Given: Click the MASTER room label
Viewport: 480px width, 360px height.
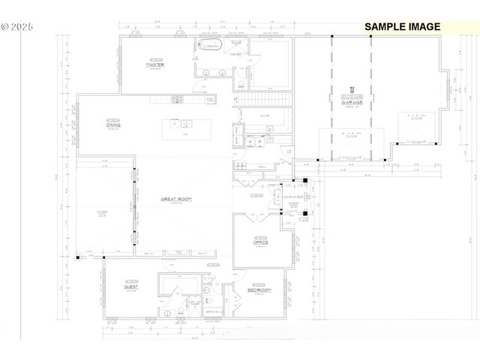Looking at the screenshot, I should [155, 65].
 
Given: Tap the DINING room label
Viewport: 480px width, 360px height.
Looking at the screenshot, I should [113, 126].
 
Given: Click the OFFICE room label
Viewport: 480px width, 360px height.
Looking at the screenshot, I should [261, 242].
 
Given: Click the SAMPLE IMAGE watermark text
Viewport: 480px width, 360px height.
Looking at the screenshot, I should [403, 26].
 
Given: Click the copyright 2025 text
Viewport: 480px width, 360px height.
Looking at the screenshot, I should [16, 25].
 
